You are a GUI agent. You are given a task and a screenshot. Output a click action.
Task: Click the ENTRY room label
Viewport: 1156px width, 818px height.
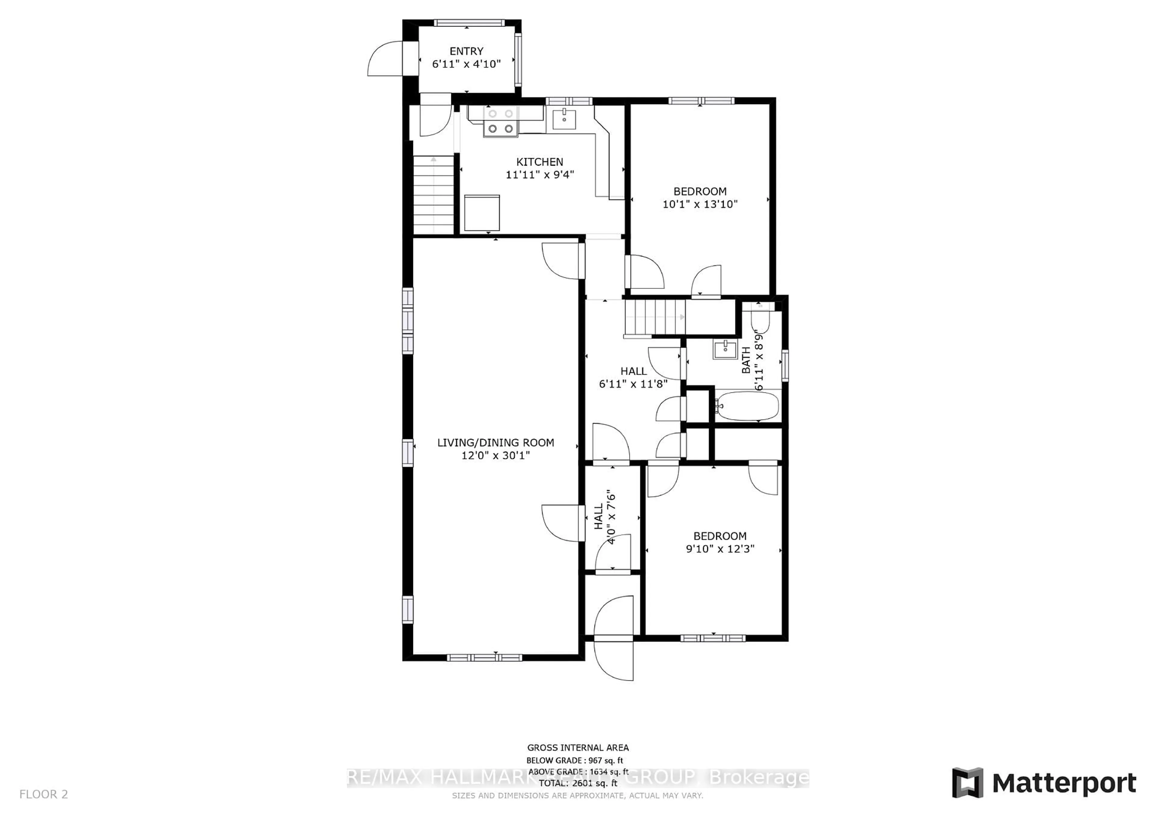(466, 51)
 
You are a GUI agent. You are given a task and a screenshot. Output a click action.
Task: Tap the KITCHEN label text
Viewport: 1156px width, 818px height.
(539, 162)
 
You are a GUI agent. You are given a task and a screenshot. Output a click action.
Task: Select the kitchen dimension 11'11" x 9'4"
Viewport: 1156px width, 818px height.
(539, 175)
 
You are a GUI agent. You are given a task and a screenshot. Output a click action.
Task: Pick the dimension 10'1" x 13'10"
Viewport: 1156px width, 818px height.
(700, 204)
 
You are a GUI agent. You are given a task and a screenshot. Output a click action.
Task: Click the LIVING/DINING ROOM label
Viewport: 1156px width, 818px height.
(496, 442)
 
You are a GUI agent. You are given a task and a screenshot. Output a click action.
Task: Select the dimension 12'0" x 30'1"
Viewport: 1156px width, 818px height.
(496, 455)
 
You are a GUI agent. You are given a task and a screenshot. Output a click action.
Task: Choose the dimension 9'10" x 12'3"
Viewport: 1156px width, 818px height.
(720, 548)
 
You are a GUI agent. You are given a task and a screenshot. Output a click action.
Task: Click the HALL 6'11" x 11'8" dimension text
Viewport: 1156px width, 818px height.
(633, 384)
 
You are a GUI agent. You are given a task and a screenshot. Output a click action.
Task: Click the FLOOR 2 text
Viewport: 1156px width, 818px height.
(43, 794)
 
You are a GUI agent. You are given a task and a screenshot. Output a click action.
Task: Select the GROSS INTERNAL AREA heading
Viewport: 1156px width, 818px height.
(577, 748)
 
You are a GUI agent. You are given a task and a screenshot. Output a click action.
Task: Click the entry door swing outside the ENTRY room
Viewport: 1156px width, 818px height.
(385, 59)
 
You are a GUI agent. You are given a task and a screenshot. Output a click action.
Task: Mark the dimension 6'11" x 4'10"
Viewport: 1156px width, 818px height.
(466, 64)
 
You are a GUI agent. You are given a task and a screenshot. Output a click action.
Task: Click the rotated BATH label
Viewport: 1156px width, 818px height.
(746, 360)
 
